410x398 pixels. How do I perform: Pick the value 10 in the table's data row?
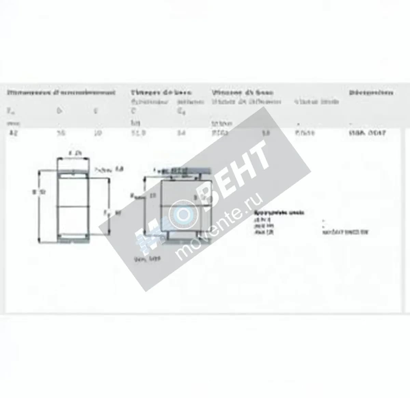coord(98,133)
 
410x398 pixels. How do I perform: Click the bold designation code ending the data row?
coord(367,133)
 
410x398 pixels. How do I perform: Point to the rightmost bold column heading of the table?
coord(371,93)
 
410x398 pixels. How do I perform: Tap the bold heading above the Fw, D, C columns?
coord(61,93)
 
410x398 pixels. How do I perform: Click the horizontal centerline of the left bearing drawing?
coord(73,206)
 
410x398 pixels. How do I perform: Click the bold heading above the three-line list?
coord(279,212)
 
